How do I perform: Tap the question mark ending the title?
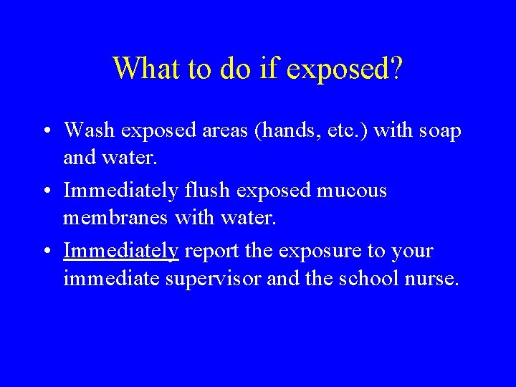pos(396,68)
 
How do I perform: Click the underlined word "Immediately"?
pos(120,251)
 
